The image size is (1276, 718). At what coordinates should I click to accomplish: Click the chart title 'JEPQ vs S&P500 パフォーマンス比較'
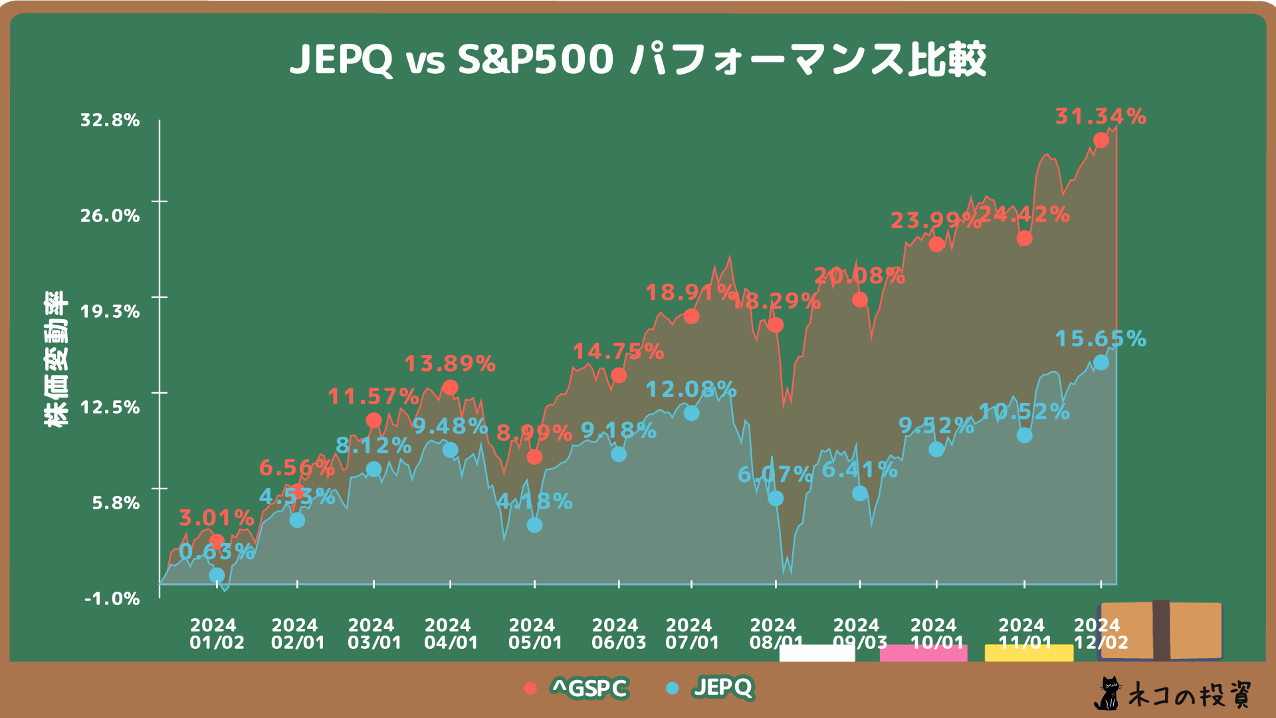(638, 60)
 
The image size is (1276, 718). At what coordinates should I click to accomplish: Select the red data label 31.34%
(1101, 116)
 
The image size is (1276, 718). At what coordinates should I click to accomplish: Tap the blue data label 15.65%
(1101, 339)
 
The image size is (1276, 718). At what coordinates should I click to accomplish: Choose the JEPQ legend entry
(711, 687)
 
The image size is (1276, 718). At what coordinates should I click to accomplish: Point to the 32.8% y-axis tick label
(110, 120)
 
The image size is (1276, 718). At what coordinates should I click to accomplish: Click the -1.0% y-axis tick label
(112, 598)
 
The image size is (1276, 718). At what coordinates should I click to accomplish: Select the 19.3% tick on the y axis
(110, 312)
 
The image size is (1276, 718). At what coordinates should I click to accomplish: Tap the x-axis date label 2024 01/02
(217, 634)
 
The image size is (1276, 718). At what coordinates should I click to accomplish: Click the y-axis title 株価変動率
(56, 359)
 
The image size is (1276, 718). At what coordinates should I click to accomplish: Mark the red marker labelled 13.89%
(450, 388)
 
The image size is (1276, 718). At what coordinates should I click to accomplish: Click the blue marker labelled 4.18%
(534, 525)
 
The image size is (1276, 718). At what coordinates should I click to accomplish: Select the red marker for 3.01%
(217, 541)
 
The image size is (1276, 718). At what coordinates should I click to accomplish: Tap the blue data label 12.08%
(691, 390)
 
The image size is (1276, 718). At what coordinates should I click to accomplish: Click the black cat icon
(1107, 694)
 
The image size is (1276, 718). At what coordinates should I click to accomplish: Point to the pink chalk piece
(923, 653)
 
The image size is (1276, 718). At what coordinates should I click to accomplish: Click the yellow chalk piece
(1029, 653)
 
